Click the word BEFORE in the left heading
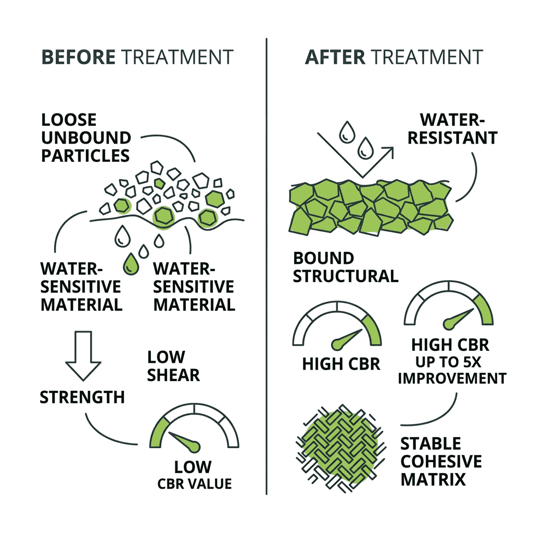[79, 57]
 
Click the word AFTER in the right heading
[335, 57]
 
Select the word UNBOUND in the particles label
[86, 138]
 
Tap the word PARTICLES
[85, 156]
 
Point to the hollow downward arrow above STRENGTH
[83, 356]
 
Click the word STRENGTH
[82, 397]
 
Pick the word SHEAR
[173, 375]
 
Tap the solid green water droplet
[131, 264]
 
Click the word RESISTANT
[453, 138]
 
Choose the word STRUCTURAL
[346, 276]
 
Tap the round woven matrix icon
[340, 449]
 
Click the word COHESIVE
[441, 462]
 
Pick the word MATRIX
[433, 479]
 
